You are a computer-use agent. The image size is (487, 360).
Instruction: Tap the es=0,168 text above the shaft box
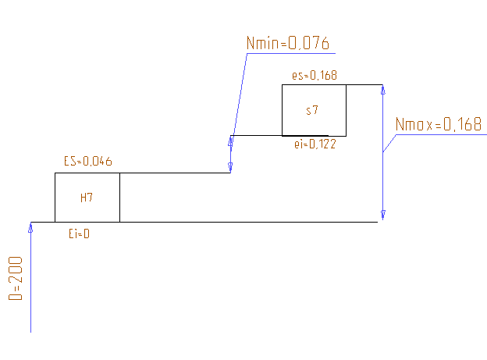click(314, 76)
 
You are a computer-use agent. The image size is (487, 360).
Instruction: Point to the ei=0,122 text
click(315, 144)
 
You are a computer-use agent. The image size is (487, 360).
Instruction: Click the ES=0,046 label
click(88, 162)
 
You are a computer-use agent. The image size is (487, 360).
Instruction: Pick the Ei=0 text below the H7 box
click(79, 232)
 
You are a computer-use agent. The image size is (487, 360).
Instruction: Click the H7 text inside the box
click(87, 198)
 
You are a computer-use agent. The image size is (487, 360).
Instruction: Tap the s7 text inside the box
click(312, 110)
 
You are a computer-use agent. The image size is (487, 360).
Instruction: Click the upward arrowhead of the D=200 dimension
click(30, 227)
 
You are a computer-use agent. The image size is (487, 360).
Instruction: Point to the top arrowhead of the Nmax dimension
click(382, 90)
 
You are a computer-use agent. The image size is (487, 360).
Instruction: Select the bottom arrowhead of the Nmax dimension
click(382, 216)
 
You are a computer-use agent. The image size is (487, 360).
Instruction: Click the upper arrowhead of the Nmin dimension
click(231, 141)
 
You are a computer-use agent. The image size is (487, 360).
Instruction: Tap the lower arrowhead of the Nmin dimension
click(230, 167)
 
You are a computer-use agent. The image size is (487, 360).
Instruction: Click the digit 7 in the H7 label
click(91, 198)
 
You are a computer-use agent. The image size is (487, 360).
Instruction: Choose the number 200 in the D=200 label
click(16, 269)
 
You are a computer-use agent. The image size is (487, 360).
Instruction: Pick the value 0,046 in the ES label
click(98, 162)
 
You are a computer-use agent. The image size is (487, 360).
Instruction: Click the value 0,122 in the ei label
click(322, 144)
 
